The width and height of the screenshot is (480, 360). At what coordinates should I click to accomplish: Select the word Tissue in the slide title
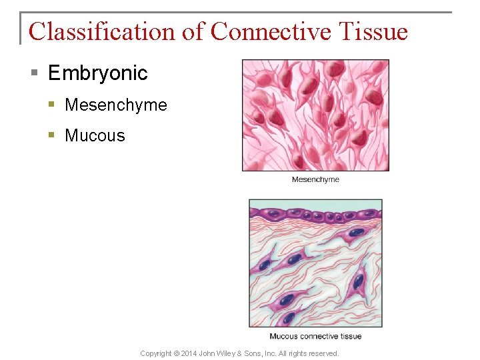(x=373, y=31)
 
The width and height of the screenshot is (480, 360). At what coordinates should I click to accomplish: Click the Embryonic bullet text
(x=97, y=73)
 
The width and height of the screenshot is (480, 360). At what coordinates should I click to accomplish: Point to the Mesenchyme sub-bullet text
(x=115, y=105)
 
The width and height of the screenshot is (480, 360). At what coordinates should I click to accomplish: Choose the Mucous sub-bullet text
(x=95, y=135)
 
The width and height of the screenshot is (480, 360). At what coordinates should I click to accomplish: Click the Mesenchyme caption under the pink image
(x=315, y=179)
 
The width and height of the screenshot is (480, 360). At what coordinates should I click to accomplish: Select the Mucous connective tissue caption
(x=315, y=336)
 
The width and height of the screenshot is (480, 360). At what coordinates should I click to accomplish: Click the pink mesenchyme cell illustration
(x=315, y=115)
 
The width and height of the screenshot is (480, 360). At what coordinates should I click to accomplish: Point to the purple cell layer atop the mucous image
(x=315, y=215)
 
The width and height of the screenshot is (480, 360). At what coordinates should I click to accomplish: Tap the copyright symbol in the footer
(x=175, y=353)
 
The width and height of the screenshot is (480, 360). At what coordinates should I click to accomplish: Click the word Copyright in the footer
(x=155, y=353)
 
